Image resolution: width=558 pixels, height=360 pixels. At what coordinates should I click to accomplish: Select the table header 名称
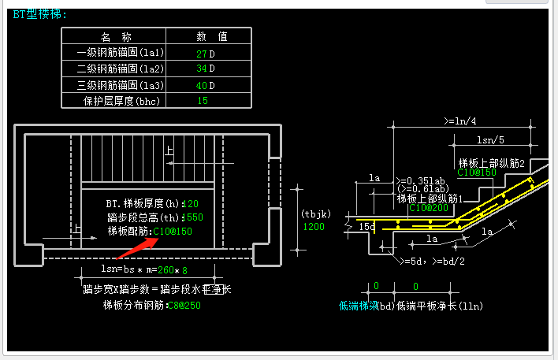[116, 37]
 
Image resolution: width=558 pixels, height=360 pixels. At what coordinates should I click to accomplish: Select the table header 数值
[211, 37]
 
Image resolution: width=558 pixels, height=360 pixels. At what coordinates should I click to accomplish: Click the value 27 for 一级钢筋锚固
[201, 54]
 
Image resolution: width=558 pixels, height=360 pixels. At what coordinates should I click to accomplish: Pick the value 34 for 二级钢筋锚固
[201, 69]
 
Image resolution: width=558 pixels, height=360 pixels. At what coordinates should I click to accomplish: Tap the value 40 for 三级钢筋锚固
[201, 85]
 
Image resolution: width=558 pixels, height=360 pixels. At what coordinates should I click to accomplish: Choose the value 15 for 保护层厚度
[203, 101]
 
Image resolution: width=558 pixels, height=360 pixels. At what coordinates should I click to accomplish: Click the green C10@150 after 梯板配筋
[173, 232]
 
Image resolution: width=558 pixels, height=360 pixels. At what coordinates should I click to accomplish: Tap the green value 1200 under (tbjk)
[314, 227]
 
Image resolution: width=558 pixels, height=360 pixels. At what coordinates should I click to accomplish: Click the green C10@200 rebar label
[426, 208]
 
